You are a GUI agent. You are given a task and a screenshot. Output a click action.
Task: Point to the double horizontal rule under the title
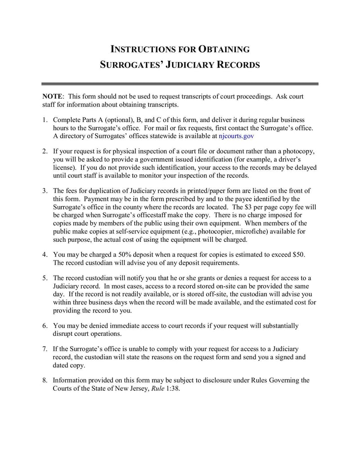click(x=180, y=84)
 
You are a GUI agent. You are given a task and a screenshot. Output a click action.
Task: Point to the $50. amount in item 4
click(x=299, y=254)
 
